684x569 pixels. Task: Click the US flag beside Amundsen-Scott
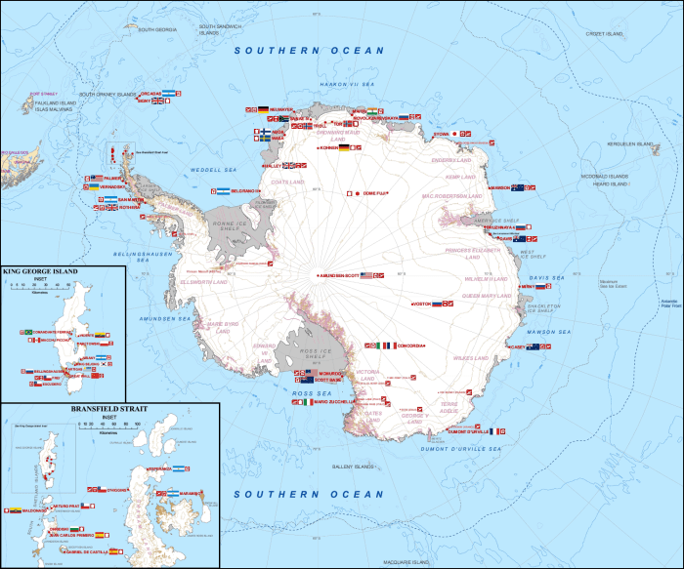367,276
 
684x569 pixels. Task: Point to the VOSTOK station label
421,304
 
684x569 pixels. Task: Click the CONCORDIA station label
409,345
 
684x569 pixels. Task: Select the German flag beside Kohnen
344,147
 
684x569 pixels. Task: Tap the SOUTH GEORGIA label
157,30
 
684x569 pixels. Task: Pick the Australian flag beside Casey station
534,346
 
